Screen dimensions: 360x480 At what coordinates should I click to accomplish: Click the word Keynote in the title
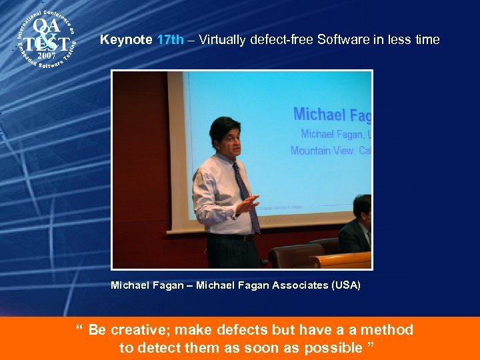click(x=126, y=40)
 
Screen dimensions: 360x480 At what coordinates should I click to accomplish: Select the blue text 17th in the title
click(x=170, y=40)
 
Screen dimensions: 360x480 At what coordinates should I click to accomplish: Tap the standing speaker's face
click(x=227, y=137)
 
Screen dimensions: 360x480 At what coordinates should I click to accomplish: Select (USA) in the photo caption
click(x=345, y=285)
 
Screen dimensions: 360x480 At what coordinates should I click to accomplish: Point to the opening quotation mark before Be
click(x=79, y=329)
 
